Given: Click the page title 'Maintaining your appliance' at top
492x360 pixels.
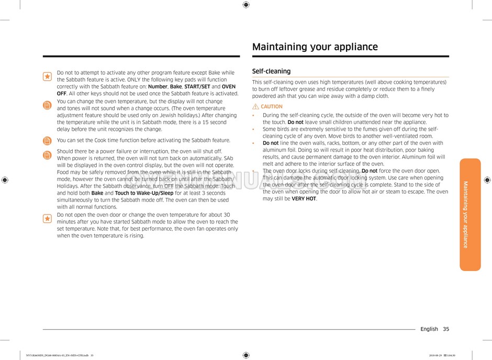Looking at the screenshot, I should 315,47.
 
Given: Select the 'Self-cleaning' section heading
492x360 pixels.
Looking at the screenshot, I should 271,71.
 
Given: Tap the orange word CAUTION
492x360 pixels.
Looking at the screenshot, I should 272,107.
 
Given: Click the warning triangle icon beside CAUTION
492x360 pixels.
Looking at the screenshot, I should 256,107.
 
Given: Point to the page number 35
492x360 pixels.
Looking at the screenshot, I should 445,329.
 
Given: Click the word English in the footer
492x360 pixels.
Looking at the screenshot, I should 429,329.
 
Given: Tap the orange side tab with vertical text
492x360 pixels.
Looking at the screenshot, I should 470,215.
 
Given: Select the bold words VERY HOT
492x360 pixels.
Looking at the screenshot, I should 304,199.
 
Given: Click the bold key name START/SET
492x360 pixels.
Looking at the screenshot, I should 197,87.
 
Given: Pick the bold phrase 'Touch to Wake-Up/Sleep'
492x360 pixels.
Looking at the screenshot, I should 144,193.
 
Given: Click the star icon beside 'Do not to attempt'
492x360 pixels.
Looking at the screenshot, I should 47,76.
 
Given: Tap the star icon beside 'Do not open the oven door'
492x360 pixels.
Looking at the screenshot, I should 47,218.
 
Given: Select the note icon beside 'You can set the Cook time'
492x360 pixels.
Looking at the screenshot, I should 47,141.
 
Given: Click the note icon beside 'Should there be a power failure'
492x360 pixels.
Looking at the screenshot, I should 47,155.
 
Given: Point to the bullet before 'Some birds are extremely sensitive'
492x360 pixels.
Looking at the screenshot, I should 254,129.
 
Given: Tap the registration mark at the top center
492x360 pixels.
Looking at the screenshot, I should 246,5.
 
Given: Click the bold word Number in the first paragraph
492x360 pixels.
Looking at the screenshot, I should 158,87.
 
